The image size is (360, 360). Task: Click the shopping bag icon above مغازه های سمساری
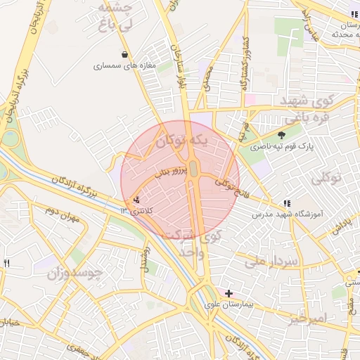pos(125,54)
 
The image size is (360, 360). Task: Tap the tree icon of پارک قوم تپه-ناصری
pos(282,135)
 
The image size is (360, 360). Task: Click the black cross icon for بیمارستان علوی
pos(229,292)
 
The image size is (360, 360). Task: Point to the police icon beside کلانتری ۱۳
pos(136,200)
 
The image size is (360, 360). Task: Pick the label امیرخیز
pos(308,319)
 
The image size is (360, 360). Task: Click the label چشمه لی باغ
pos(114,15)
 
